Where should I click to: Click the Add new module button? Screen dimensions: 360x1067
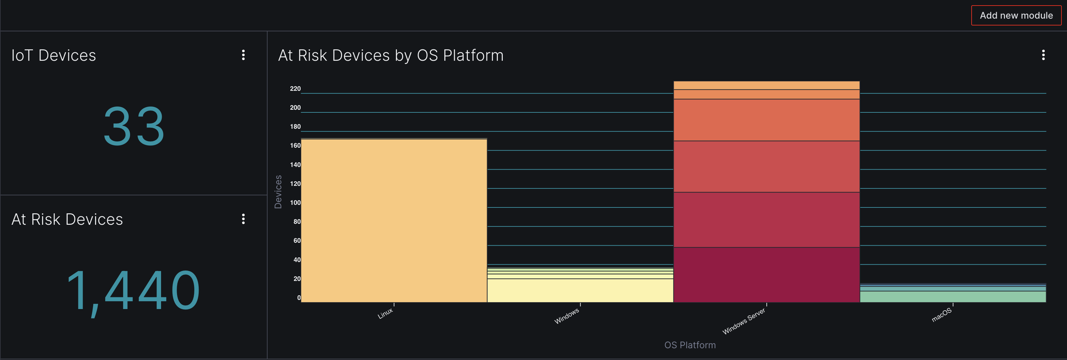pos(1016,15)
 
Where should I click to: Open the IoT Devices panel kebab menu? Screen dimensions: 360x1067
pos(243,55)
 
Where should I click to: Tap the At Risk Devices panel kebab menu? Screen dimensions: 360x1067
pos(243,219)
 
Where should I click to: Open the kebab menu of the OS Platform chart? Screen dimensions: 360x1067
pos(1043,55)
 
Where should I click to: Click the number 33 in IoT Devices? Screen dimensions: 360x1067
pos(134,126)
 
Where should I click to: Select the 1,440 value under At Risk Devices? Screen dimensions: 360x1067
pos(133,290)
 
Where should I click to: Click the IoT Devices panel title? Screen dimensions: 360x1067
pos(54,56)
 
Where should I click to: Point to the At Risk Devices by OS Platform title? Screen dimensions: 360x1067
pos(391,56)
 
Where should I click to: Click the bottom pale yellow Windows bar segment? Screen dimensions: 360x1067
pos(580,290)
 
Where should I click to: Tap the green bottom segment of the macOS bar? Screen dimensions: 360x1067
pos(953,297)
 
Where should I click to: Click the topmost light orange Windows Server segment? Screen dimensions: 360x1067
pos(766,85)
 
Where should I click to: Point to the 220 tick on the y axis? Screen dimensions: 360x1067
pos(295,89)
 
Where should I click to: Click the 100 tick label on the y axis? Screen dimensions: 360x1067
pos(295,203)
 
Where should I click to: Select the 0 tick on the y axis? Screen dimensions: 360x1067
pos(299,298)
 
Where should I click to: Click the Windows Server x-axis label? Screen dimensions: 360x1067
pos(744,321)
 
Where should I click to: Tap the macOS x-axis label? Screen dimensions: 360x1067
pos(942,315)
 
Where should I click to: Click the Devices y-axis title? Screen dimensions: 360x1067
pos(278,192)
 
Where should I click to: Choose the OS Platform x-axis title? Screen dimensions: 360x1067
pos(690,345)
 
